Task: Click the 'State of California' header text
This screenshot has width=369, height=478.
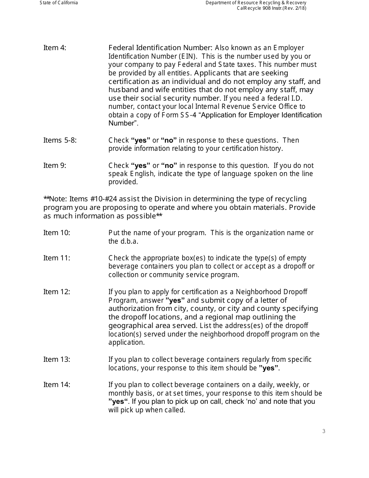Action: [59, 3]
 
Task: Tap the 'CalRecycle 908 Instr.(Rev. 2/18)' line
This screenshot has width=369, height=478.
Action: [272, 8]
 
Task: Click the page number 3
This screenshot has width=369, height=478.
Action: [324, 431]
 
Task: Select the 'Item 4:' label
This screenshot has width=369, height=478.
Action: [55, 48]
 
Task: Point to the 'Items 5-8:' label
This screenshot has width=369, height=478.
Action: [60, 140]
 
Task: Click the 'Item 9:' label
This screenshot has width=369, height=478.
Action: [55, 166]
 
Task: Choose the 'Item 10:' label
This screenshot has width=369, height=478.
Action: [57, 233]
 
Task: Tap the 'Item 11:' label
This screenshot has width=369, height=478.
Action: [57, 258]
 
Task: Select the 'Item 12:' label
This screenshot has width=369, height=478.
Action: [57, 292]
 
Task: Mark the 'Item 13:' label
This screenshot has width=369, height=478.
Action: [57, 359]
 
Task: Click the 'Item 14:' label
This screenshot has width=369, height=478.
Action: [57, 385]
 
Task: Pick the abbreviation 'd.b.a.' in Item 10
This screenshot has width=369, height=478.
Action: [129, 241]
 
